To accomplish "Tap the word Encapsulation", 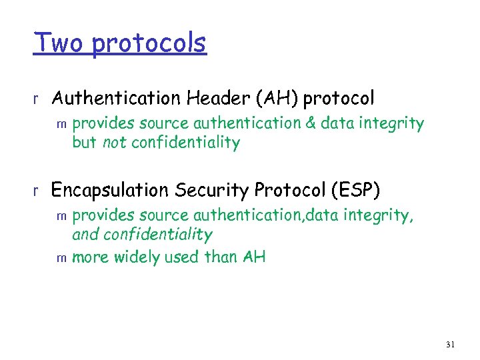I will pyautogui.click(x=110, y=191).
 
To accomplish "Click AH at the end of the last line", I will pyautogui.click(x=254, y=257).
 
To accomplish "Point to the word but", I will pyautogui.click(x=84, y=142).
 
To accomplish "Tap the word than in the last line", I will pyautogui.click(x=221, y=257).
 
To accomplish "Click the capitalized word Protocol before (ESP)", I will pyautogui.click(x=289, y=191).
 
